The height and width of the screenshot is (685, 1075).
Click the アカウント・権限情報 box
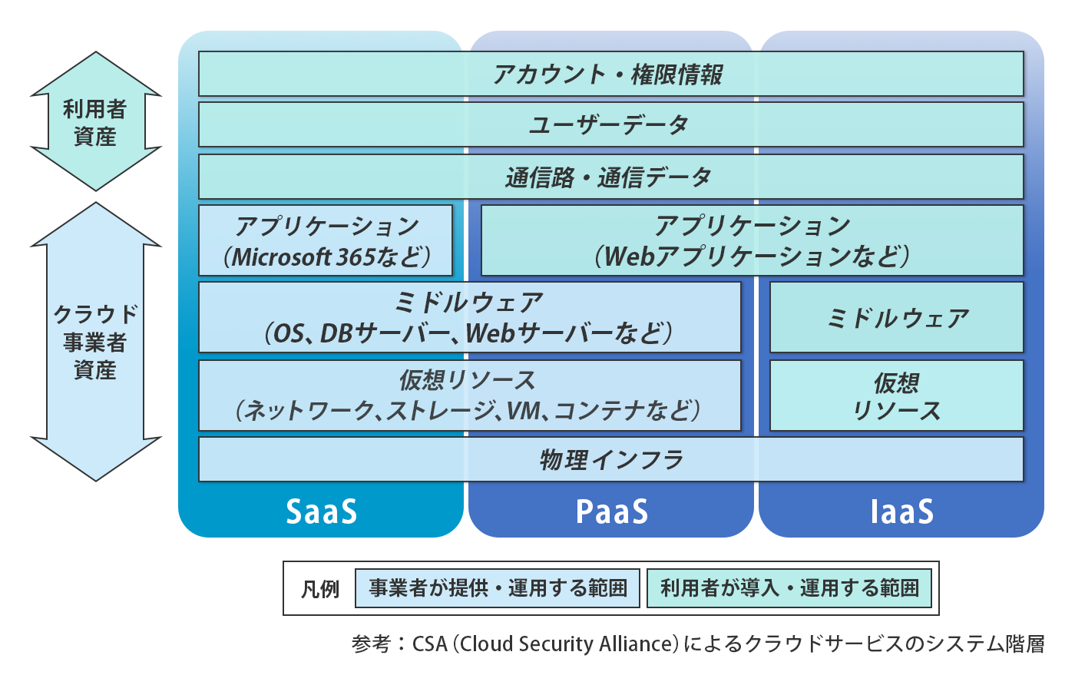[611, 74]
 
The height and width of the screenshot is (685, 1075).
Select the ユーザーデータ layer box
[611, 125]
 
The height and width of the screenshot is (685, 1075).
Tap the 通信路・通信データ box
[611, 177]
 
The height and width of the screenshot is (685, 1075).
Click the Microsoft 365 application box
[326, 240]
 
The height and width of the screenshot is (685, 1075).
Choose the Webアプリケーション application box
[752, 240]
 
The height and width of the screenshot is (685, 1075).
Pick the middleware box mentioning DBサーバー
[470, 317]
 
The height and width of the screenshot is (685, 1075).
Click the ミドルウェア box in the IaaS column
[897, 317]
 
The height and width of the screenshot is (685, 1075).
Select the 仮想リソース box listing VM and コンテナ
[470, 395]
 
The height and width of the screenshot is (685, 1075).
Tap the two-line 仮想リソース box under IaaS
[897, 395]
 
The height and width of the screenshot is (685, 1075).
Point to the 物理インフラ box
[611, 459]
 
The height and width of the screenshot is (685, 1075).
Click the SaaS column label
[322, 511]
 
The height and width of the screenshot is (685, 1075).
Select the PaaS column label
[612, 511]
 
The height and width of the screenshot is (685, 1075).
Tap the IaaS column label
[902, 511]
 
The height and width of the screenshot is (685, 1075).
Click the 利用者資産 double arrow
[96, 121]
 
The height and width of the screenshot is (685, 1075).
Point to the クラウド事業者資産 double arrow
[96, 341]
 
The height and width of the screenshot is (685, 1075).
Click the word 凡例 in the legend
[320, 589]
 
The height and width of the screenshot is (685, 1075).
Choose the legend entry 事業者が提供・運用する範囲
[498, 588]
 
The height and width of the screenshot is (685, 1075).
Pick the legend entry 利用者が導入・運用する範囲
[789, 588]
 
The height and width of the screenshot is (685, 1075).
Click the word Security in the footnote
[556, 644]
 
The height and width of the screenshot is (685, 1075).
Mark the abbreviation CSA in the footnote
[429, 644]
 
